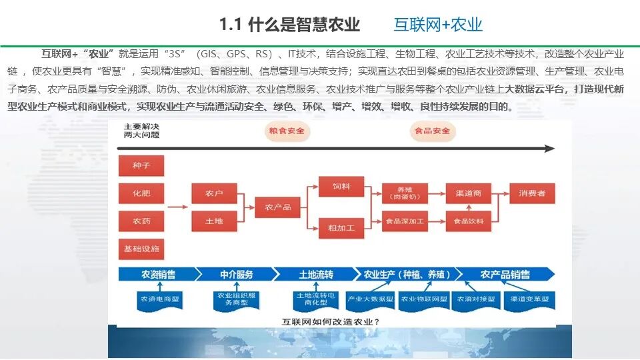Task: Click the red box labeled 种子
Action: click(141, 166)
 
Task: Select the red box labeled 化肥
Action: click(141, 193)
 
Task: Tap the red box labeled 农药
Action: click(141, 221)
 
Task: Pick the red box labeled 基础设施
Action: click(141, 249)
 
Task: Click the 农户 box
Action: click(214, 193)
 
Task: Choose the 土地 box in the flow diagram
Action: click(214, 221)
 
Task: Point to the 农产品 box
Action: click(278, 207)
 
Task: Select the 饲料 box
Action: click(341, 187)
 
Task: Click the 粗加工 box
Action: click(341, 228)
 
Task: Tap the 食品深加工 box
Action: click(404, 221)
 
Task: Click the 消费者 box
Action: click(532, 193)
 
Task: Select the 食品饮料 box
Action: click(468, 221)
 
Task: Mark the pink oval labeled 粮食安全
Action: click(286, 131)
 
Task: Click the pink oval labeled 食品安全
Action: click(432, 131)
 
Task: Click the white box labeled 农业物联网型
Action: click(423, 300)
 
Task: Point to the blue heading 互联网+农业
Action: click(438, 25)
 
